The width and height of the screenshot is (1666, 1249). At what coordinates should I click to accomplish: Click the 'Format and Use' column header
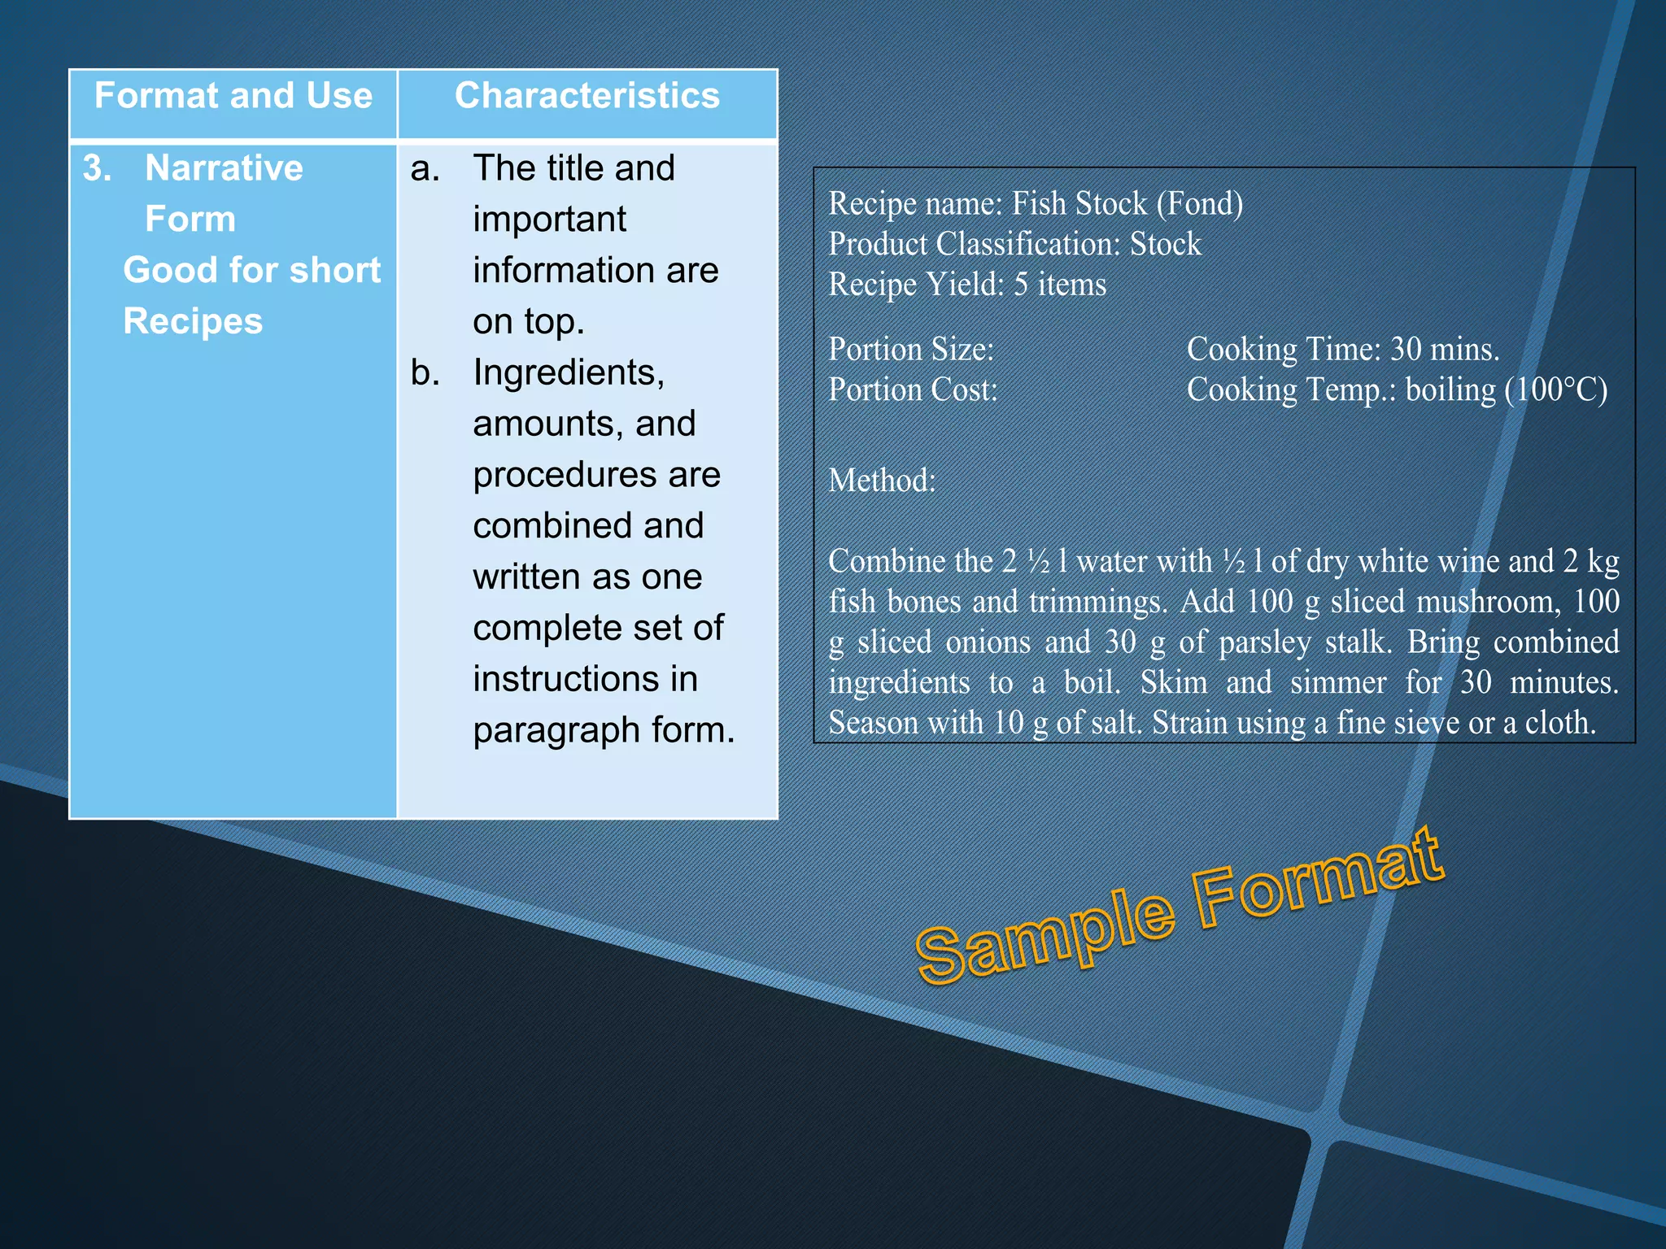pos(233,97)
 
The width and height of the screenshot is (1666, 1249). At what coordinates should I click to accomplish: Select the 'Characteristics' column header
pos(587,97)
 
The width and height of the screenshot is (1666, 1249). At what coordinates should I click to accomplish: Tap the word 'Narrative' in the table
pos(224,168)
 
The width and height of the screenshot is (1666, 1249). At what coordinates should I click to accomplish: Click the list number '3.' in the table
pos(98,168)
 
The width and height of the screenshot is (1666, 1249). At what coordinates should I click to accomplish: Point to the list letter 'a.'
pos(425,168)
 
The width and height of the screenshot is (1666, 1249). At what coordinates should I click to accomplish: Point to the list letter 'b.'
pos(425,372)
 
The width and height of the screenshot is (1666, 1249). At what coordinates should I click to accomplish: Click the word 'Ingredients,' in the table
pos(569,372)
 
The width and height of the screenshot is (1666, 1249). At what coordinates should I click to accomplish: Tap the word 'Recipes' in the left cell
pos(193,321)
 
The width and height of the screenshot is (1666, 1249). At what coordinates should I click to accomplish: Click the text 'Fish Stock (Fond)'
pos(1127,203)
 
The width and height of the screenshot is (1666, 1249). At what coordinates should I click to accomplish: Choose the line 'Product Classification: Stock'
pos(1014,244)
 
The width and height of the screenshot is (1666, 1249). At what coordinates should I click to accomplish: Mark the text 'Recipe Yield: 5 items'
pos(967,285)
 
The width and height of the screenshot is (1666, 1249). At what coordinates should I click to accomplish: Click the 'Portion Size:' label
pos(911,349)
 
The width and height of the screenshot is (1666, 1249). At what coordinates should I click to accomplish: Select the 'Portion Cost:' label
pos(913,389)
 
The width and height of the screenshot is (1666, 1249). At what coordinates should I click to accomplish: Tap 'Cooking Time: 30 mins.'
pos(1342,349)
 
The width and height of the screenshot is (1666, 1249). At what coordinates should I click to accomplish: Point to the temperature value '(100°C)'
pos(1555,389)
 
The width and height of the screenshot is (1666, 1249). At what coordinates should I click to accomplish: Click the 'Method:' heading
pos(882,481)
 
